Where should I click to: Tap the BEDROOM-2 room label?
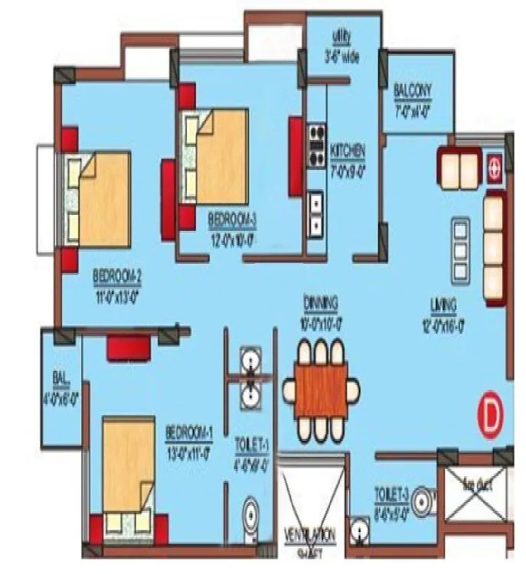(116, 275)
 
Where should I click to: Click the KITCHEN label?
(347, 149)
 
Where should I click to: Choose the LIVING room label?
(443, 305)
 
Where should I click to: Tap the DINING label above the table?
(320, 302)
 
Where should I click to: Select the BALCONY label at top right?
(413, 91)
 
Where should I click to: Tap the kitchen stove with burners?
(316, 145)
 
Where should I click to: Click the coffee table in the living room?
(461, 241)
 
